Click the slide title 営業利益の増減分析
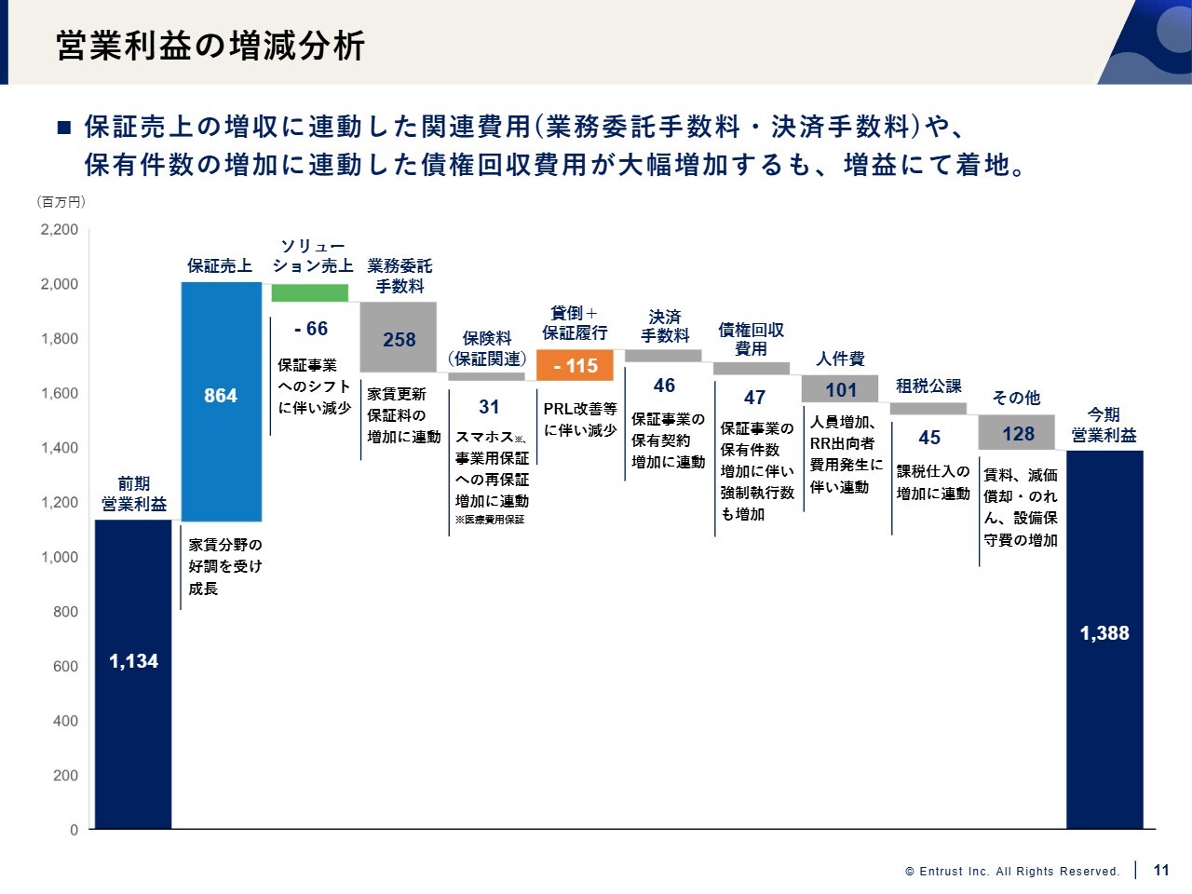[210, 45]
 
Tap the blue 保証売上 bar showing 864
[221, 401]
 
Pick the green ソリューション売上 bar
[310, 292]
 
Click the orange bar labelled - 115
[575, 366]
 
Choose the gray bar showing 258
[399, 337]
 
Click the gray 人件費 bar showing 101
[840, 389]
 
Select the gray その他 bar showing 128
[1017, 433]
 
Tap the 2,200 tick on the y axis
[60, 230]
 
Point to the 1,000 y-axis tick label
[60, 557]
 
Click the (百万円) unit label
[61, 201]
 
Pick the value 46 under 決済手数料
[664, 386]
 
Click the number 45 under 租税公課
[929, 438]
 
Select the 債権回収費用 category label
[752, 339]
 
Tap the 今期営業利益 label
[1104, 425]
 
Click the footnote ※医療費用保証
[490, 520]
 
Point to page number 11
[1161, 870]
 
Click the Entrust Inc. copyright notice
[1012, 872]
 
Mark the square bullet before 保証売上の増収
[64, 127]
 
